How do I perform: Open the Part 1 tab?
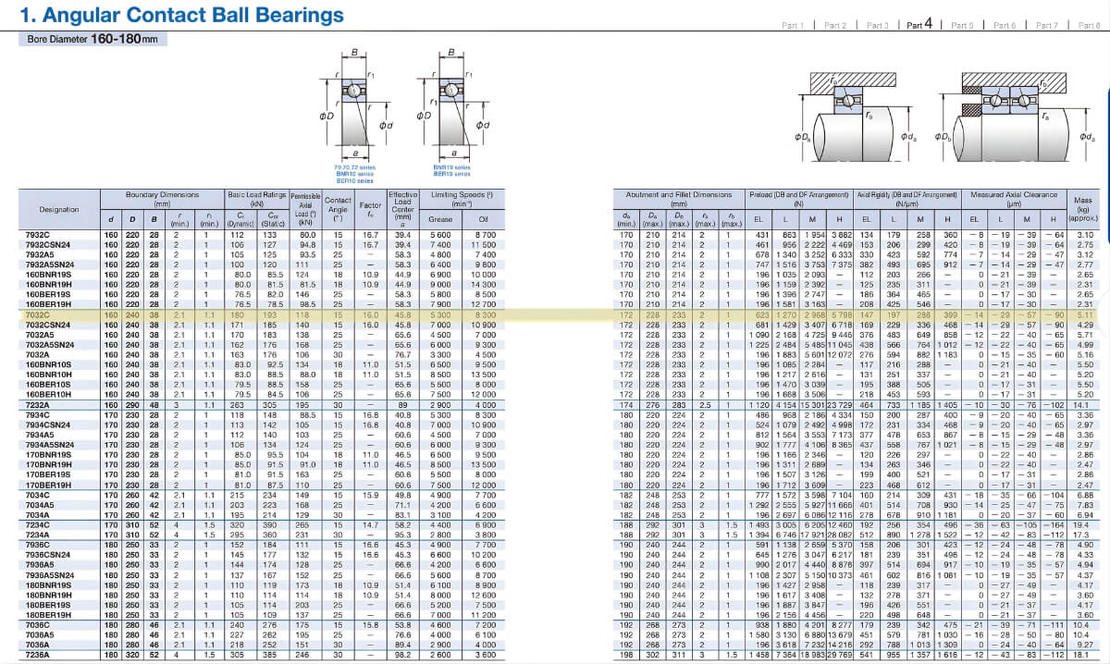(x=793, y=25)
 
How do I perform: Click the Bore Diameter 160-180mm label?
(x=92, y=39)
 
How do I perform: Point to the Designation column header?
(x=59, y=209)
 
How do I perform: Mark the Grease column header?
(x=439, y=219)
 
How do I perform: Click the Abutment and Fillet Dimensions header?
(x=678, y=195)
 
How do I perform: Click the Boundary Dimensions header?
(x=162, y=195)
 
